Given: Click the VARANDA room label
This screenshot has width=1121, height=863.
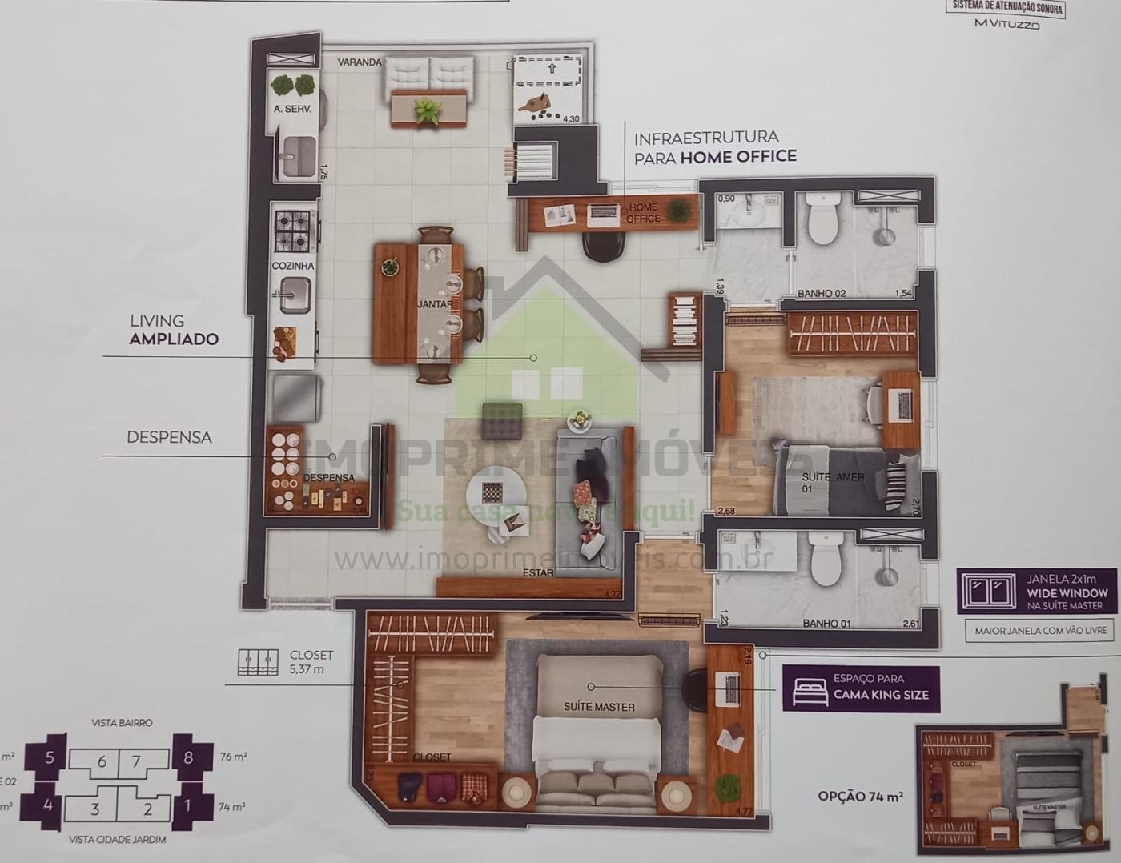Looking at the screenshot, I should [360, 62].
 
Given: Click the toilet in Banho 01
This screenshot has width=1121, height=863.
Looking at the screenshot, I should [826, 558].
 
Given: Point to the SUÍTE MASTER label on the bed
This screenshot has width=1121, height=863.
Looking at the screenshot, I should [599, 707].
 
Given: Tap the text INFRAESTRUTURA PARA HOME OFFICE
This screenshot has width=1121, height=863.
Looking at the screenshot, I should [714, 147].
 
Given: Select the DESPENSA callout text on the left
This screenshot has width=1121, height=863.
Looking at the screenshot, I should [169, 437].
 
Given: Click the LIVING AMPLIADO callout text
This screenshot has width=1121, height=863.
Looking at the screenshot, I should [174, 330].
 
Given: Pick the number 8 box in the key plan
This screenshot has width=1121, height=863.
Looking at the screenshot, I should [189, 757].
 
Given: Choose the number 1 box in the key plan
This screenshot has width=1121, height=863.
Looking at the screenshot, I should [189, 805].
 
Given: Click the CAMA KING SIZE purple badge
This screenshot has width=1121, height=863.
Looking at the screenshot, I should [862, 687].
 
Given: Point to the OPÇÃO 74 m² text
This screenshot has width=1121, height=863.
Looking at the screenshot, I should [860, 796].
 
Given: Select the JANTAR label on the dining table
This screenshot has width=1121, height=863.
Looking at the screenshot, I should [434, 304].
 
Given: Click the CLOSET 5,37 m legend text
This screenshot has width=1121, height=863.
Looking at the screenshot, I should [311, 662].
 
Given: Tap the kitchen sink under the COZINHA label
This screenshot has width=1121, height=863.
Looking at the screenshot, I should [293, 295].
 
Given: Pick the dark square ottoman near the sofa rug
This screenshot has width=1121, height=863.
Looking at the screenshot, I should [502, 421].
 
